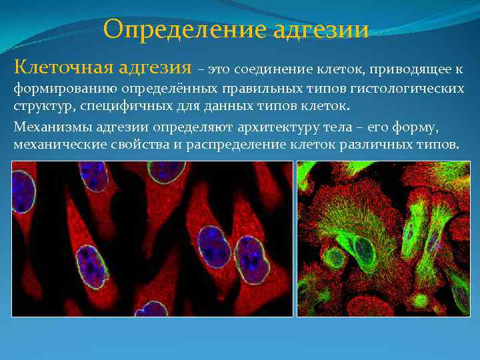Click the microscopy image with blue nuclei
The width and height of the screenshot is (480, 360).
153,238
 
